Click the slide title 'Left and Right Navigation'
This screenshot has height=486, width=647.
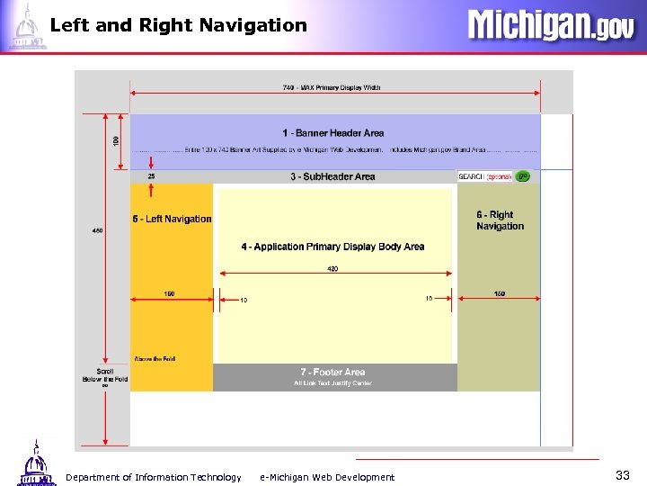tap(179, 25)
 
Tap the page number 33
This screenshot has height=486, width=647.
tap(623, 474)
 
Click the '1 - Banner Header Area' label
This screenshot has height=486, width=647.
tap(332, 133)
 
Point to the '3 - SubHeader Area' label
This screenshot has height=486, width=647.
tap(332, 176)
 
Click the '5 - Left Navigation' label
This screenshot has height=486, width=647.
tap(173, 219)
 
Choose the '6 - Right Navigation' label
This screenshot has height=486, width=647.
tap(500, 220)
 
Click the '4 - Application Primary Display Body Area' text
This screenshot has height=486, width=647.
tap(332, 247)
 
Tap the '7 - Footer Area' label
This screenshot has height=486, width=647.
tap(332, 372)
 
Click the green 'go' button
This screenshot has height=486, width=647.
tap(522, 176)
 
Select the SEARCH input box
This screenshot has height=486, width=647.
tap(499, 176)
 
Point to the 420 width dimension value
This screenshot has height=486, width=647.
tap(332, 269)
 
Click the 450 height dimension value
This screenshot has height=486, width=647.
tap(97, 230)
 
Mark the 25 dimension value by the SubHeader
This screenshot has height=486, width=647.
tap(151, 176)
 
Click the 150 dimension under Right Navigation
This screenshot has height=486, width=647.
tap(500, 293)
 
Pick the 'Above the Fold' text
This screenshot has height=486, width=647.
tap(155, 359)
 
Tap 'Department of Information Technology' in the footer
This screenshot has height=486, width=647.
tap(153, 477)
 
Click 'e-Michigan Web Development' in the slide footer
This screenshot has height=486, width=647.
tap(327, 477)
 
